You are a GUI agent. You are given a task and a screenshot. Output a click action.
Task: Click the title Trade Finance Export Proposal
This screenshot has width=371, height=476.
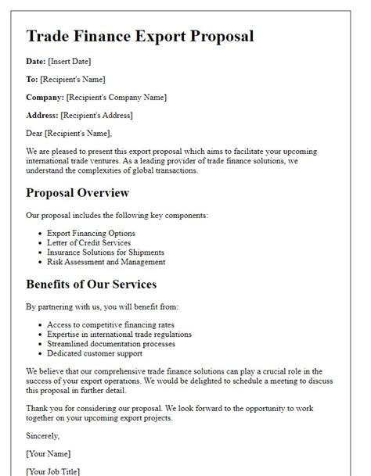pyautogui.click(x=139, y=36)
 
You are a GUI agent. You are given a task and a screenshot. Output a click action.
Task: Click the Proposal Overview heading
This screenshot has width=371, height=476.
pyautogui.click(x=77, y=192)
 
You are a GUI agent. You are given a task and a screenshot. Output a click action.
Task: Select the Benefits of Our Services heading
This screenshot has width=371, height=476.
pyautogui.click(x=92, y=284)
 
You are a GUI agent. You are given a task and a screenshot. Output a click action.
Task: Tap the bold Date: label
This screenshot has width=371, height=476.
pyautogui.click(x=39, y=61)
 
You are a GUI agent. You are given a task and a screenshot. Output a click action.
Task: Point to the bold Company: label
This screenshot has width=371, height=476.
pyautogui.click(x=45, y=97)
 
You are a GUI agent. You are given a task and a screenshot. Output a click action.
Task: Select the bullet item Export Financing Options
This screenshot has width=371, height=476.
pyautogui.click(x=91, y=233)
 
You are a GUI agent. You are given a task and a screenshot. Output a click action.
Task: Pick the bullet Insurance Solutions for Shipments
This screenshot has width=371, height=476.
pyautogui.click(x=106, y=252)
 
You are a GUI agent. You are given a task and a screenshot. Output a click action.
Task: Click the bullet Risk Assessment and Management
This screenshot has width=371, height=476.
pyautogui.click(x=106, y=262)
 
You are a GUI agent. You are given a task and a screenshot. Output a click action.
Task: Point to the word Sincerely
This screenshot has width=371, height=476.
pyautogui.click(x=42, y=435)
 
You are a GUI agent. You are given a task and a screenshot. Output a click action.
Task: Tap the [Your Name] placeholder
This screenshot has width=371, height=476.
pyautogui.click(x=49, y=453)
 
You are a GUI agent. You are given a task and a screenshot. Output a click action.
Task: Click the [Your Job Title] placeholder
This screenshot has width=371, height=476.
pyautogui.click(x=53, y=471)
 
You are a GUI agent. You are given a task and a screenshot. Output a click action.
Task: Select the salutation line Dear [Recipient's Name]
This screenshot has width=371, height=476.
pyautogui.click(x=69, y=133)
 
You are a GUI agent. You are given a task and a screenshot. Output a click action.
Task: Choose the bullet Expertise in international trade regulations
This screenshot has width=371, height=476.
pyautogui.click(x=119, y=334)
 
